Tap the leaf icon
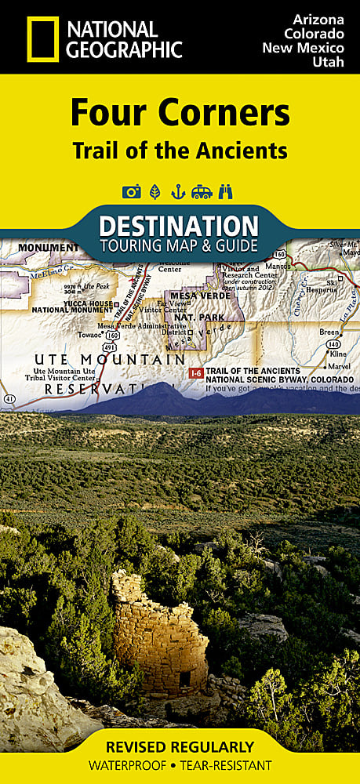(155, 191)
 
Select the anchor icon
(178, 191)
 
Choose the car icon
(202, 191)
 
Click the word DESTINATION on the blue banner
(180, 225)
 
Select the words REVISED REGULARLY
(180, 746)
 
